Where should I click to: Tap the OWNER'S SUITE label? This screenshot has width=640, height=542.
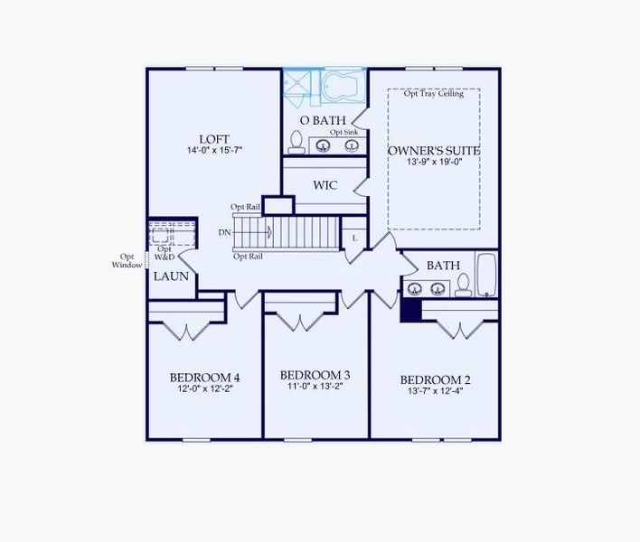coord(434,150)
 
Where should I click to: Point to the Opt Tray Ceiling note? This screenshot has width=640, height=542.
coord(434,93)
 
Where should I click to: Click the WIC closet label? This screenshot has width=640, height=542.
coord(325,185)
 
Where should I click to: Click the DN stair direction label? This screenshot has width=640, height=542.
coord(224,232)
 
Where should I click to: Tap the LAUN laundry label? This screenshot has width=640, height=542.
coord(171,276)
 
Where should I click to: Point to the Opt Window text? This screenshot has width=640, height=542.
coord(127,260)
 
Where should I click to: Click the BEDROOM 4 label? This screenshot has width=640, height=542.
coord(204,378)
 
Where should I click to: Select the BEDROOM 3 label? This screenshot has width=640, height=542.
coord(315,375)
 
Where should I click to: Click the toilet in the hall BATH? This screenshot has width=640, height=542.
coord(464,285)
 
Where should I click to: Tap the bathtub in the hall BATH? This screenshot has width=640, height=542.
coord(485,275)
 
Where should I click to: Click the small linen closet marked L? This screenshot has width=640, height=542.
coord(354,237)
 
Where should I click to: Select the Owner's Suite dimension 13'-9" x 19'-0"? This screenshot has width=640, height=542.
coord(434,163)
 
